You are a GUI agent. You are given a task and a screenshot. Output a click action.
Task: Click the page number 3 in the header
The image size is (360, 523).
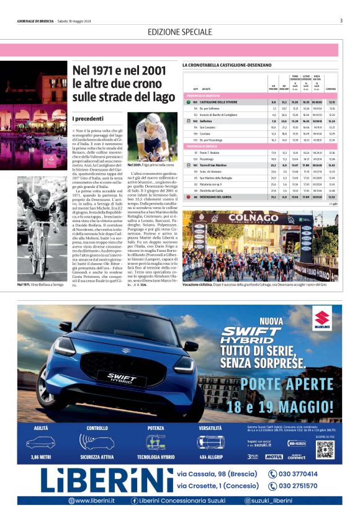pyautogui.click(x=341, y=20)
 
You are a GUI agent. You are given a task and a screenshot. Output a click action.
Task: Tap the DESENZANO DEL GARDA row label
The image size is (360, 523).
pyautogui.click(x=217, y=196)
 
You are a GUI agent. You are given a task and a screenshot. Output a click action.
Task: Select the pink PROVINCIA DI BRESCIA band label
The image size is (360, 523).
pyautogui.click(x=201, y=145)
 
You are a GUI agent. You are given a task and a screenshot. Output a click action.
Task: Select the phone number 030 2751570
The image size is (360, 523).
pyautogui.click(x=297, y=486)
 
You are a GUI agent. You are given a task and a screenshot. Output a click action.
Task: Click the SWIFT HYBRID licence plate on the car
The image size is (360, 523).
pyautogui.click(x=122, y=377)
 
